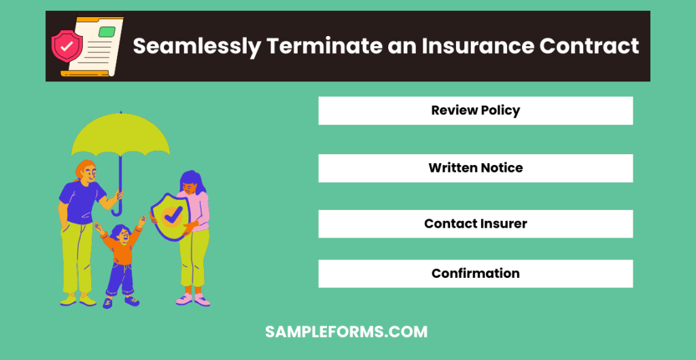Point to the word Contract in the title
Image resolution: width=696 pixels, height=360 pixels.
point(589,46)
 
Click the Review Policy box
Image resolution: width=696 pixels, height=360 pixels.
point(475,111)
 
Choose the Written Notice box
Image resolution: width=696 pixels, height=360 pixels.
point(475,168)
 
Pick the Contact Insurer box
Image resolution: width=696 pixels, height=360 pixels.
point(475,223)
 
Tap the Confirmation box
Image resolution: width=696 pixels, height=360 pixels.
point(475,274)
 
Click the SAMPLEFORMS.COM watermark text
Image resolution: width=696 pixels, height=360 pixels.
point(347,332)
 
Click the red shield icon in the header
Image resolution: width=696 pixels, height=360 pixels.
point(67,46)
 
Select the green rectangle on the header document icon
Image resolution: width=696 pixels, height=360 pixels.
point(107,31)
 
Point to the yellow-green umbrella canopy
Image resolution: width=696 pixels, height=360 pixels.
point(121,136)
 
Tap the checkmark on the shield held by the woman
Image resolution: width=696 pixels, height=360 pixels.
point(173,216)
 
